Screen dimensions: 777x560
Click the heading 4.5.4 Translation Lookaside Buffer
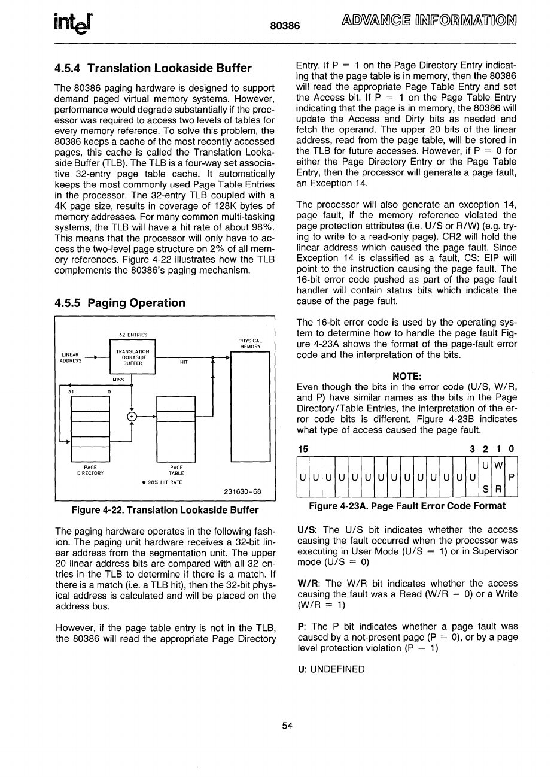tap(153, 68)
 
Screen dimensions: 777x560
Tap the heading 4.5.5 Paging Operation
tap(120, 303)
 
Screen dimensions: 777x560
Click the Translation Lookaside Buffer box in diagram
tap(133, 357)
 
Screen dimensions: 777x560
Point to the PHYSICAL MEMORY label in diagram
tap(251, 344)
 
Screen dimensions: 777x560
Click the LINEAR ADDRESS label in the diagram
tap(71, 357)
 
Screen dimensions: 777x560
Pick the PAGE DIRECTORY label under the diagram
tap(90, 470)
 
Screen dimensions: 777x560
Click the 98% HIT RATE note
tap(162, 482)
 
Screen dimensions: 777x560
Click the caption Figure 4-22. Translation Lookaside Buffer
tap(165, 510)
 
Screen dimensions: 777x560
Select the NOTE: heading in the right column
tap(407, 376)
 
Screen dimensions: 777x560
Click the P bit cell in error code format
tap(511, 477)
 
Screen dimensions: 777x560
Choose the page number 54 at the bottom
tap(287, 726)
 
